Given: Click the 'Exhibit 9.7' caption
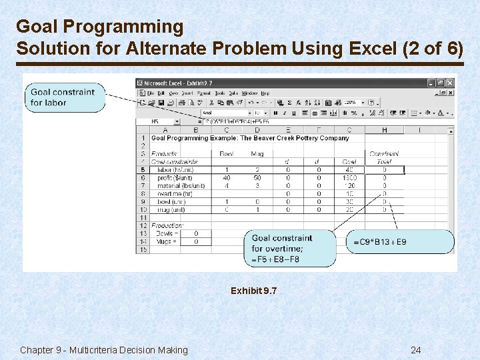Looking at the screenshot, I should point(253,291).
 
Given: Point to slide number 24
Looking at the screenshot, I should point(415,350).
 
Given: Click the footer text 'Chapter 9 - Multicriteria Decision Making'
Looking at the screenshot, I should point(104,350).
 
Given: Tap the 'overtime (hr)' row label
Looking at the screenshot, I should point(172,194).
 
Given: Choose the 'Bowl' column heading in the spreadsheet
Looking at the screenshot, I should point(227,154).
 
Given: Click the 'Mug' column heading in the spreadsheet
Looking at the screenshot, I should point(257,154).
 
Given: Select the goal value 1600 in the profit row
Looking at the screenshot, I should point(350,178).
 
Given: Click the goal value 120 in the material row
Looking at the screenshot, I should point(350,186).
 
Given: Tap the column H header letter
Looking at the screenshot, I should point(385,130).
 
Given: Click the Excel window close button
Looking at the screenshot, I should point(450,83).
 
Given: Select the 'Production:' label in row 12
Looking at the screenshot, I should point(167,225).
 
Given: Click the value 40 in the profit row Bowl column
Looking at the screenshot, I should point(227,178).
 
